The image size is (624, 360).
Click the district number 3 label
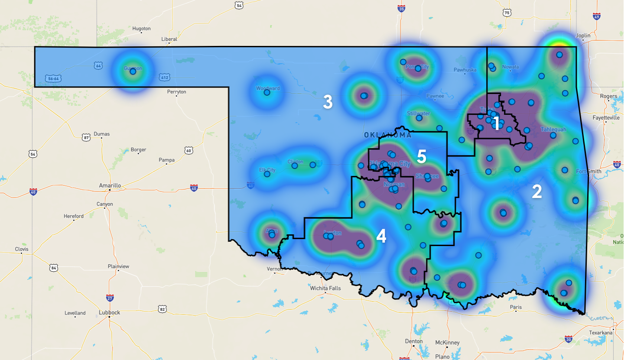click(x=328, y=103)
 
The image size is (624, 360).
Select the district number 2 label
click(x=536, y=192)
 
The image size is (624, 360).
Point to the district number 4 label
click(x=381, y=236)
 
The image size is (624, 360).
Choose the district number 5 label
click(x=421, y=156)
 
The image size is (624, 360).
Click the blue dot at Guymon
click(x=133, y=71)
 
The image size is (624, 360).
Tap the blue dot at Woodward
click(x=267, y=92)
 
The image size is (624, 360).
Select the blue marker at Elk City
click(x=267, y=174)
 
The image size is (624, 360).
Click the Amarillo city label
click(x=110, y=185)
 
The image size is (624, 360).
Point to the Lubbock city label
click(x=110, y=312)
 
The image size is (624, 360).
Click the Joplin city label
click(x=583, y=36)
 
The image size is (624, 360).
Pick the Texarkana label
click(x=601, y=333)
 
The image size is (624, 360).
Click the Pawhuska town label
click(x=465, y=70)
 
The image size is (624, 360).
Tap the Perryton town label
click(x=177, y=92)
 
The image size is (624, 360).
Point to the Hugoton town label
click(x=141, y=29)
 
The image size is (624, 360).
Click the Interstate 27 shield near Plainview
click(x=110, y=298)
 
